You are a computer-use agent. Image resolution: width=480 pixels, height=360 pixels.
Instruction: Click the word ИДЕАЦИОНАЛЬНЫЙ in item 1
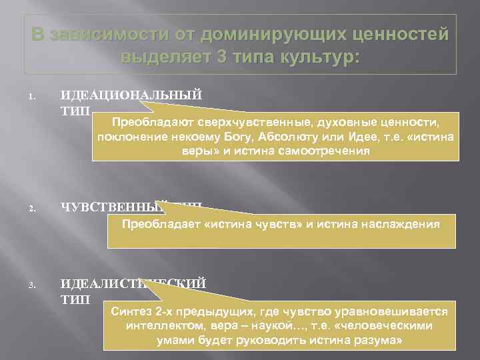[x=131, y=94]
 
